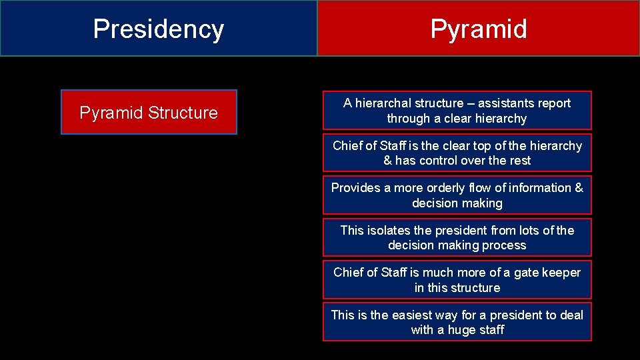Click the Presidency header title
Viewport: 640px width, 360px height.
pyautogui.click(x=159, y=29)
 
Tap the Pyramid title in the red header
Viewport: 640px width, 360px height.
pyautogui.click(x=478, y=29)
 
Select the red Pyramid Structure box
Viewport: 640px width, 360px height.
pyautogui.click(x=149, y=113)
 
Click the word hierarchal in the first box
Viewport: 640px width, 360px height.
pyautogui.click(x=383, y=103)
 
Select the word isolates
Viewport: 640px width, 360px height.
pyautogui.click(x=389, y=231)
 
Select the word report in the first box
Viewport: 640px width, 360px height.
pyautogui.click(x=553, y=103)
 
